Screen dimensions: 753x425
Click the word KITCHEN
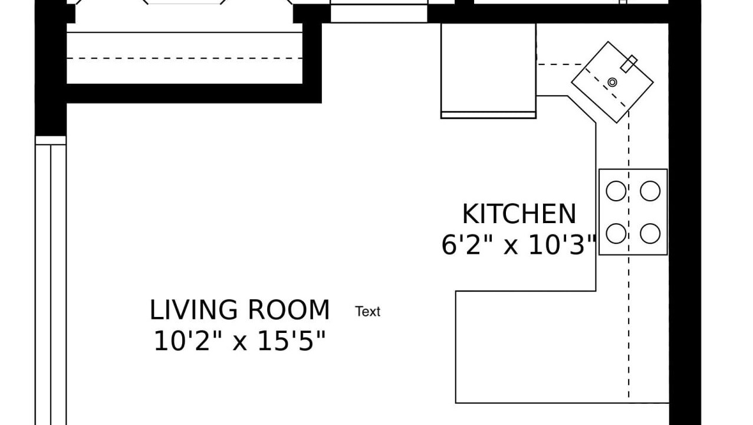pos(519,214)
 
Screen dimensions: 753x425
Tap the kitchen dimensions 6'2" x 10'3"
pos(519,245)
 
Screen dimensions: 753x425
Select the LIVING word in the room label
pos(193,310)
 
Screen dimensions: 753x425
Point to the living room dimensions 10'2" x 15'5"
pos(239,341)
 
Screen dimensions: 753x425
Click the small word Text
pos(368,312)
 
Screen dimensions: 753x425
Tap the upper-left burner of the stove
pos(616,191)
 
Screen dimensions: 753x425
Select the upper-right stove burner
pos(650,191)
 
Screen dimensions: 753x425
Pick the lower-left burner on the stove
pos(616,234)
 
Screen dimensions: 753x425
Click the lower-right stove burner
pos(650,234)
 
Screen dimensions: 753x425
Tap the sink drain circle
pos(613,82)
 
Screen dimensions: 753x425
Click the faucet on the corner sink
pos(629,64)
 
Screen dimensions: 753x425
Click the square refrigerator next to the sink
pos(488,71)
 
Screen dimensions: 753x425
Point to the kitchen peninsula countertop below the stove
pos(562,347)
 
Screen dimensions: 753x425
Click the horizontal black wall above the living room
pos(194,93)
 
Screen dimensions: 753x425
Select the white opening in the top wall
pos(379,11)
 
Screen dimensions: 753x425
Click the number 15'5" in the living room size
pos(291,341)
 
